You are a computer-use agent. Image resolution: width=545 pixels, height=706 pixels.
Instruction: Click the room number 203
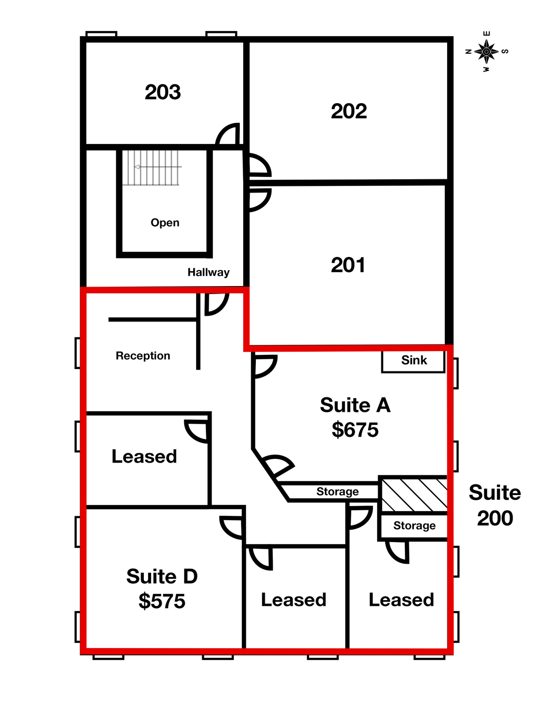(x=163, y=92)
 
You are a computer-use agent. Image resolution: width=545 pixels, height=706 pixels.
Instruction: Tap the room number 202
(x=349, y=111)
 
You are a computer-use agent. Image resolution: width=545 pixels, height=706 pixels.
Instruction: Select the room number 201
(x=348, y=265)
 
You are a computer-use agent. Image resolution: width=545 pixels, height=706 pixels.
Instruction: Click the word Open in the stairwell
(x=165, y=223)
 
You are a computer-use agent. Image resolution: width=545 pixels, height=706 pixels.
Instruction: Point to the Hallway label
(x=208, y=272)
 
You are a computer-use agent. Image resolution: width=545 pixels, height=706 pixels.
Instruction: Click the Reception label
(x=143, y=355)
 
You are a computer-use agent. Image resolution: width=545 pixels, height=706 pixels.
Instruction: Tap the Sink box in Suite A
(x=413, y=361)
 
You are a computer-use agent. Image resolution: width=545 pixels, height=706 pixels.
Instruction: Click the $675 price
(x=355, y=430)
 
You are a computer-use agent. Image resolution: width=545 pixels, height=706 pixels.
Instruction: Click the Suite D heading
(x=162, y=576)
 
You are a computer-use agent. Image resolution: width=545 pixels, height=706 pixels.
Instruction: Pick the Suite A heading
(x=355, y=405)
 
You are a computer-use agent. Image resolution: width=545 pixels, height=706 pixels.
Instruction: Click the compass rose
(x=486, y=52)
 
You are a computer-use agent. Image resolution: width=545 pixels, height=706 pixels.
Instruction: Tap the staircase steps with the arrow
(x=151, y=168)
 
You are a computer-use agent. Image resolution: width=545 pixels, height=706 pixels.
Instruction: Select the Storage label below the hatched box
(x=415, y=525)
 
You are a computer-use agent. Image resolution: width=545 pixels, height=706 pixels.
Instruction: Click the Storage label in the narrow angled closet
(x=338, y=491)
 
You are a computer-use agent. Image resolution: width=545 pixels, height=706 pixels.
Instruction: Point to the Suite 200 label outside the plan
(x=495, y=505)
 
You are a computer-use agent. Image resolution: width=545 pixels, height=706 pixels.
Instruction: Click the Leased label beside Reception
(x=144, y=456)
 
